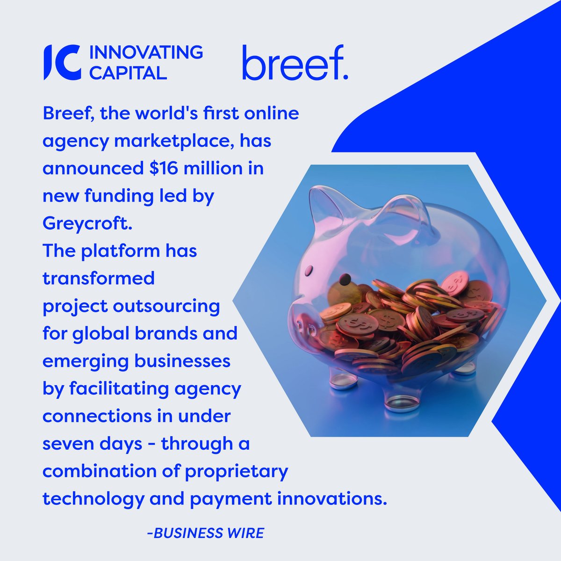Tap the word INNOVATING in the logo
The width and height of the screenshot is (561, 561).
point(145,52)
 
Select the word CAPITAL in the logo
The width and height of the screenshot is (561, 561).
point(128,72)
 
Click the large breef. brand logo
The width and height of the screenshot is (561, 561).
point(295,63)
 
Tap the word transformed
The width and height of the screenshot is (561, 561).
point(99,278)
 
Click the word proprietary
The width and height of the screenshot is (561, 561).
point(237,471)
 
